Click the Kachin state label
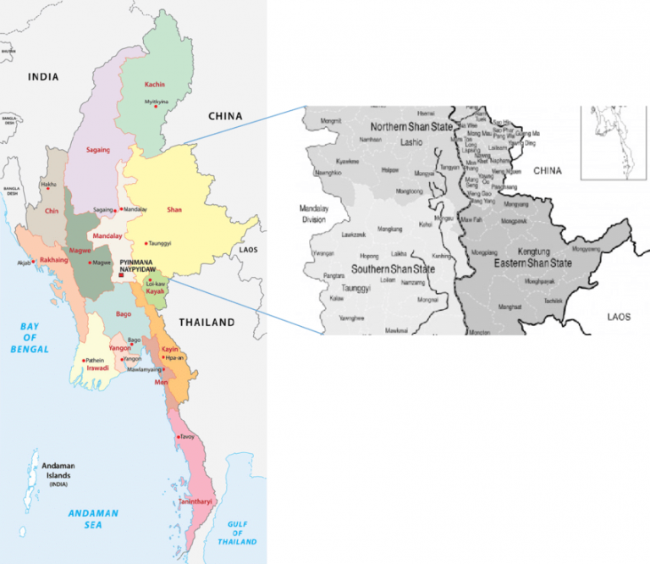click(x=154, y=85)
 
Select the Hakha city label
click(x=49, y=184)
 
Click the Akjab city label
click(x=22, y=263)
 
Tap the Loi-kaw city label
click(x=155, y=282)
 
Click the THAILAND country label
click(x=207, y=323)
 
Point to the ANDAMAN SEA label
click(x=93, y=519)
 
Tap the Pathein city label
click(x=94, y=360)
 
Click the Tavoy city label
click(x=187, y=437)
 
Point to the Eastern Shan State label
click(x=532, y=263)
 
